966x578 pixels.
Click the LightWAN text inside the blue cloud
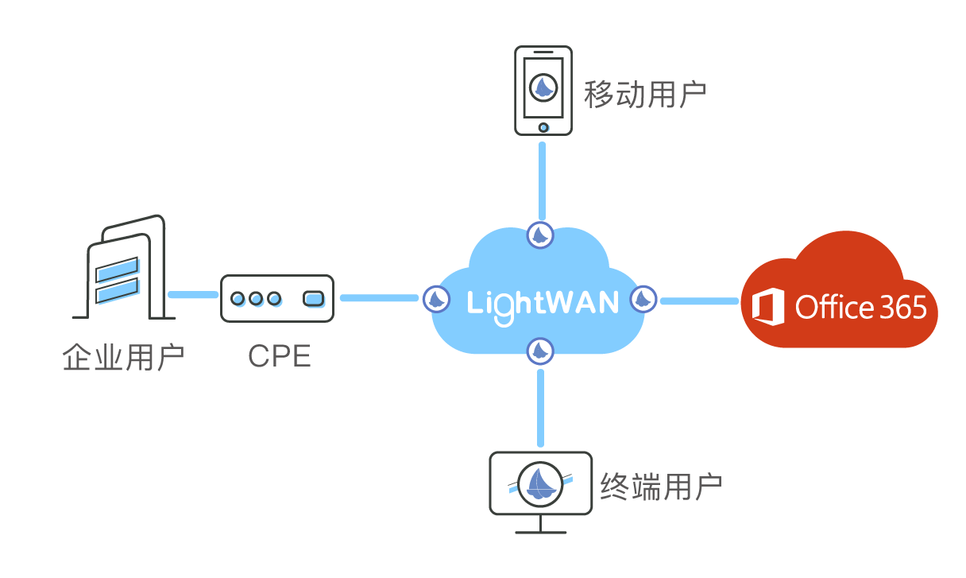[x=543, y=303]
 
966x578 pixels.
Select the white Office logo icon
[x=767, y=308]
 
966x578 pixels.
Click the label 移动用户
[x=645, y=95]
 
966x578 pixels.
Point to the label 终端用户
[x=661, y=487]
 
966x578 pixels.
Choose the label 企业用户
[x=123, y=358]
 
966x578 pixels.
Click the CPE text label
[x=279, y=357]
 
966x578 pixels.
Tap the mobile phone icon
[x=543, y=90]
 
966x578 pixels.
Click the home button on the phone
[x=543, y=127]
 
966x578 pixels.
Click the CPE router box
[x=277, y=298]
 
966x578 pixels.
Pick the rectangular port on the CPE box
[x=314, y=299]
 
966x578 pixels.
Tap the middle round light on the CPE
[x=256, y=299]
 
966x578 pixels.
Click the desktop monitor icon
[x=540, y=483]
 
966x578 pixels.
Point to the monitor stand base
[x=540, y=532]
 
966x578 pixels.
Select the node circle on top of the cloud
[x=541, y=235]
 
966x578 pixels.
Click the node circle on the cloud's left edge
[x=436, y=299]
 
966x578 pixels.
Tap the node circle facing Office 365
[x=643, y=300]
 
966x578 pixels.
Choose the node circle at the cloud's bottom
[x=540, y=351]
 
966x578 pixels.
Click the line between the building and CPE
[x=193, y=295]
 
